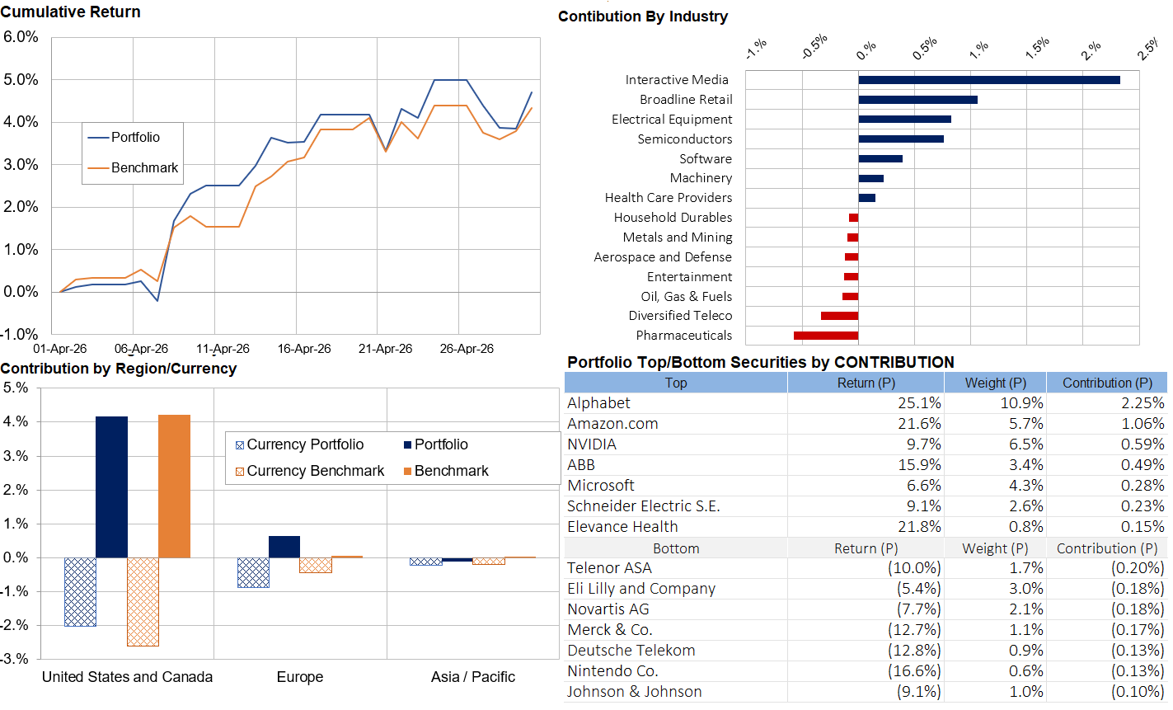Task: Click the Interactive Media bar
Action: coord(988,80)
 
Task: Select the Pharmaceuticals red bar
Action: coord(826,336)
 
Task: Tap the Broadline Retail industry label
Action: coord(686,100)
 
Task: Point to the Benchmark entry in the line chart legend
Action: coord(133,167)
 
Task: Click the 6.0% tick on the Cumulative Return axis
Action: coord(21,37)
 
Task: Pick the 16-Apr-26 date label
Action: coord(304,349)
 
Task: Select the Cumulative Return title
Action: coord(70,12)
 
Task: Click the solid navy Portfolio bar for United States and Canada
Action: coord(111,487)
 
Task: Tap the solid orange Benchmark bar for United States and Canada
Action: coord(175,487)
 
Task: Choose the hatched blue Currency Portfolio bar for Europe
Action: coord(253,573)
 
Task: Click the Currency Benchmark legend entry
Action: coord(310,471)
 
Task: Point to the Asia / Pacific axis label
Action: coord(473,677)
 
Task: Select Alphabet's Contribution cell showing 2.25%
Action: coord(1143,403)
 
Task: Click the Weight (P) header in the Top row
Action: coord(996,383)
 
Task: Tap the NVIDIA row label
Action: coord(592,444)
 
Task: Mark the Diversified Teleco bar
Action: coord(839,316)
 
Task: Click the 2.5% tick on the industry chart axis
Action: coord(1149,49)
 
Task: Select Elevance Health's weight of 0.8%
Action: coord(1026,527)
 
